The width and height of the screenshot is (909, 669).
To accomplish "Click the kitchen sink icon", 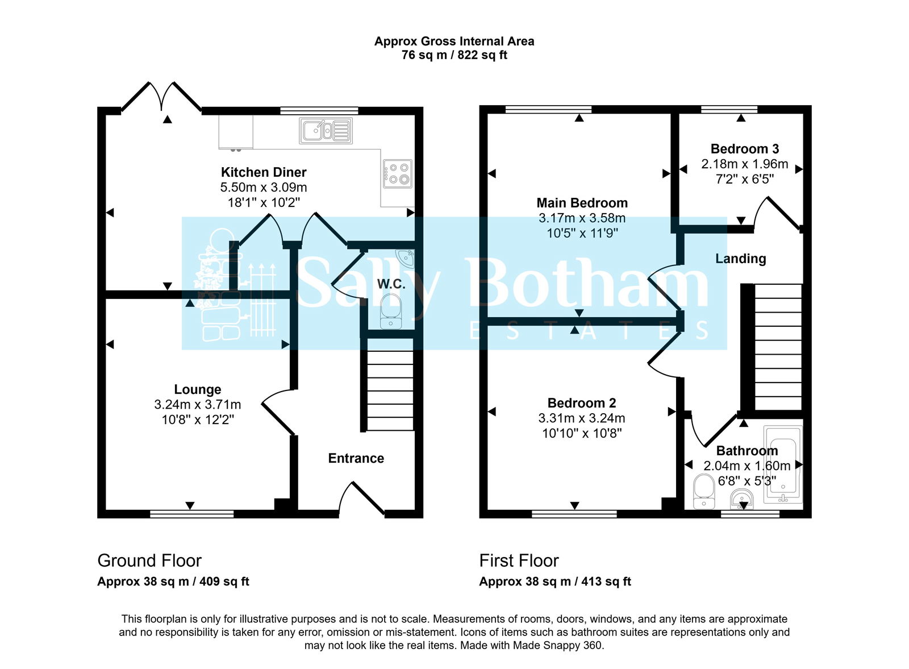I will point(326,131).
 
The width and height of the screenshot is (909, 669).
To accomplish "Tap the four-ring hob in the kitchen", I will point(398,174).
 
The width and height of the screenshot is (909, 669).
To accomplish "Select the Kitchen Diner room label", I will point(264,172).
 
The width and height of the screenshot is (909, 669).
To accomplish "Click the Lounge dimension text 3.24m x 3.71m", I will point(198,405).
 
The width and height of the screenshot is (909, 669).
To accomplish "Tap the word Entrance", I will point(356,458).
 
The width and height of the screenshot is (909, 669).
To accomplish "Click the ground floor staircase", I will point(390,390).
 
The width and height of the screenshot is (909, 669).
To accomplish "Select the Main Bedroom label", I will point(582,203).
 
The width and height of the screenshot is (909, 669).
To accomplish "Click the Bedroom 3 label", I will point(744,149).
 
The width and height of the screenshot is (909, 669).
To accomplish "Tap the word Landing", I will point(740,259).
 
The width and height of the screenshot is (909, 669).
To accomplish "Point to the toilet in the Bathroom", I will point(704,492).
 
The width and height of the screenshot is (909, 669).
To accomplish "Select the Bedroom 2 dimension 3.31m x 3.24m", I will point(582,418).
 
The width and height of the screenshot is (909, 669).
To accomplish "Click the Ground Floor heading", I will point(149,560).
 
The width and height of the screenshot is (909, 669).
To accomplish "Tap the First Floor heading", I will point(519,560).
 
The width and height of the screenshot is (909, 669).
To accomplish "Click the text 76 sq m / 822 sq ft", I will point(454,55).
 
